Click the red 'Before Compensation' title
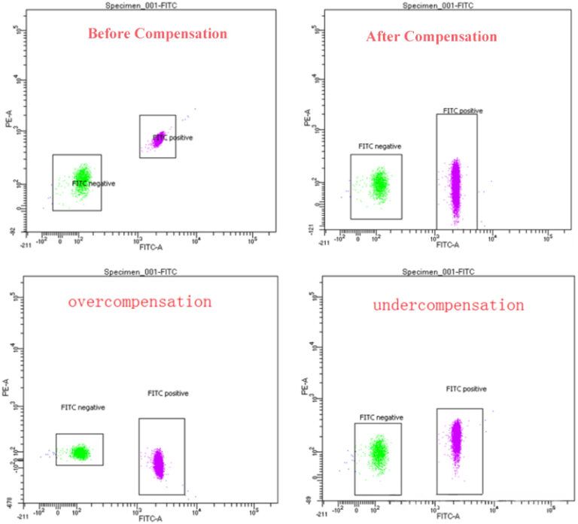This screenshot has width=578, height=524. point(157,34)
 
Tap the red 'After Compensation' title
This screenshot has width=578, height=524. point(431,36)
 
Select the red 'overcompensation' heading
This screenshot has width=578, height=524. point(139,302)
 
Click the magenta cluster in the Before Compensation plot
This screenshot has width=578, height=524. point(160,138)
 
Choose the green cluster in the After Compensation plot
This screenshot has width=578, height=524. point(379,183)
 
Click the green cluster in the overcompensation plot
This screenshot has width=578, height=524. point(81,452)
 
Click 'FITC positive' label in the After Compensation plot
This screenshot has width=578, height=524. point(462,111)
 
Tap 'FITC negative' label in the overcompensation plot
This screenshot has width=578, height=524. point(83,407)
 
